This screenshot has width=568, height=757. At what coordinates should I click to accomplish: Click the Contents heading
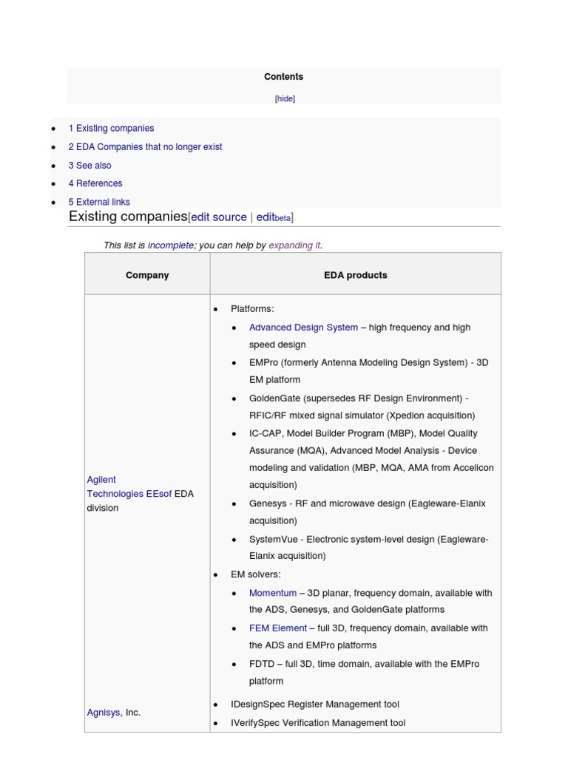[284, 77]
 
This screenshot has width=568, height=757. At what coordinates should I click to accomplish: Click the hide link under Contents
[285, 99]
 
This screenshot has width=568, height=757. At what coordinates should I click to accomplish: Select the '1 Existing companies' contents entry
[111, 129]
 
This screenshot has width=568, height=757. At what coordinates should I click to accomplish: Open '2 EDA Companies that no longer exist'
[145, 147]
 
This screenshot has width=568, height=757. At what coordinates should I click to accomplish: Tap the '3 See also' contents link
[89, 166]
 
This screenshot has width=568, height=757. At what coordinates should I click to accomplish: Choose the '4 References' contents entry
[95, 183]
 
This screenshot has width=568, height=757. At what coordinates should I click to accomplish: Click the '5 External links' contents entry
[99, 202]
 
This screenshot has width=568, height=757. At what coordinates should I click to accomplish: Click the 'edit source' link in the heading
[219, 217]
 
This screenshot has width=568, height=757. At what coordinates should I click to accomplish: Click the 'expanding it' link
[294, 245]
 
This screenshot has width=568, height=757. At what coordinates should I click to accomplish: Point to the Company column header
[147, 275]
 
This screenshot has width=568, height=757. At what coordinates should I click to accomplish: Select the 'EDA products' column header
[355, 275]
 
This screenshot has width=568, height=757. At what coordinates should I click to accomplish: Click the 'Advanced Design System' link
[303, 327]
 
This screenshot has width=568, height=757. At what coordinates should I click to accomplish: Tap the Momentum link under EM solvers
[273, 593]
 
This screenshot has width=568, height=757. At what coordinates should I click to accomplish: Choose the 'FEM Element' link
[278, 628]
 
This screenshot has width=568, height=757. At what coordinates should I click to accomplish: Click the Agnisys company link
[104, 713]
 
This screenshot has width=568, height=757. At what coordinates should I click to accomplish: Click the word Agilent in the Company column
[101, 480]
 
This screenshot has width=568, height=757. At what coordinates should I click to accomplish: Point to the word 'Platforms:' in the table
[252, 309]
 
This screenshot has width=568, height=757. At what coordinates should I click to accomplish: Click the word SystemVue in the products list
[274, 540]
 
